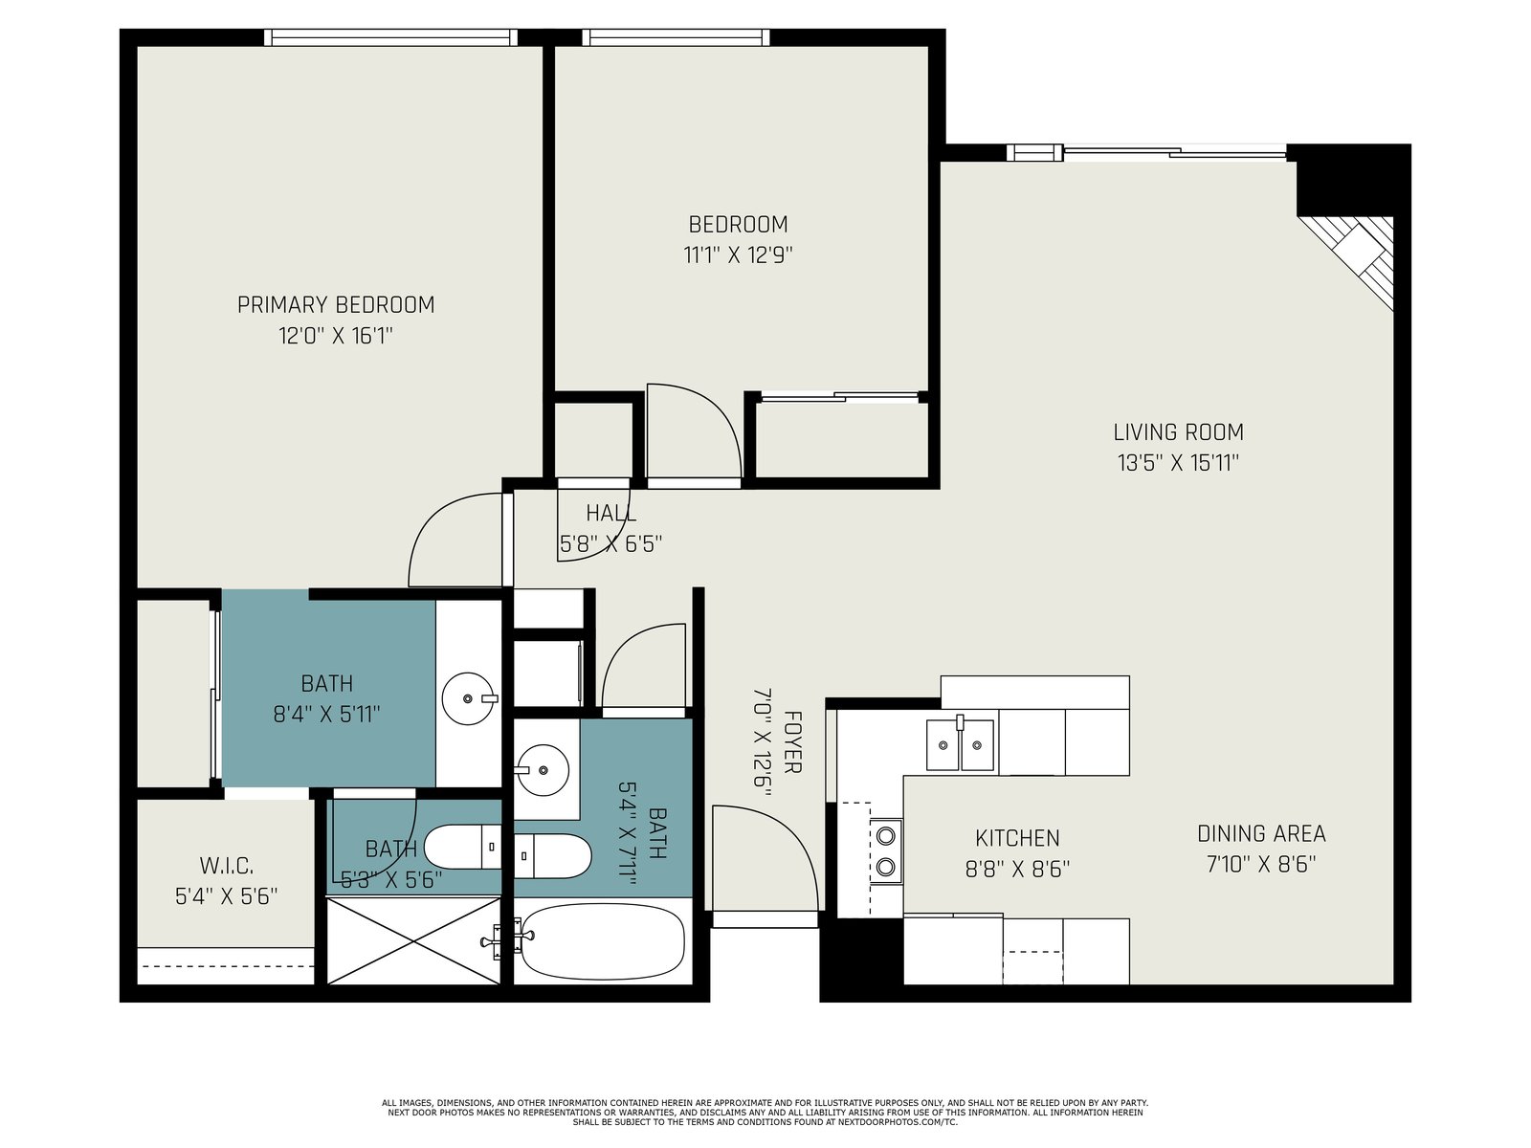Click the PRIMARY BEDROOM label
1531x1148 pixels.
tap(336, 304)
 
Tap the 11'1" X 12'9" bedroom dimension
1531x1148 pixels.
tap(738, 255)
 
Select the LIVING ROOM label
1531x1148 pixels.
tap(1178, 432)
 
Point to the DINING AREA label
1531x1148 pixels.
tap(1261, 833)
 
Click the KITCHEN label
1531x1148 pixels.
tap(1017, 838)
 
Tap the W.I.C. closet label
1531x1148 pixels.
tap(227, 866)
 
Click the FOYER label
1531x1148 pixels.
tap(792, 741)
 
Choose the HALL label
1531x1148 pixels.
tap(611, 514)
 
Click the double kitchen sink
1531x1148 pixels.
tap(960, 744)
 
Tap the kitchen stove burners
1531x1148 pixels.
tap(886, 851)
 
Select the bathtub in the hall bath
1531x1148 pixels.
tap(603, 941)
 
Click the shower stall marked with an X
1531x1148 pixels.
tap(414, 941)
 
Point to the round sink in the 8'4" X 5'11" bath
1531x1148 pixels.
tap(469, 698)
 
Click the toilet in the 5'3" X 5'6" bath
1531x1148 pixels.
tap(462, 847)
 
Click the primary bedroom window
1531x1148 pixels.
tap(390, 37)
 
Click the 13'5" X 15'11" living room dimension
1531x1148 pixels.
tap(1178, 463)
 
